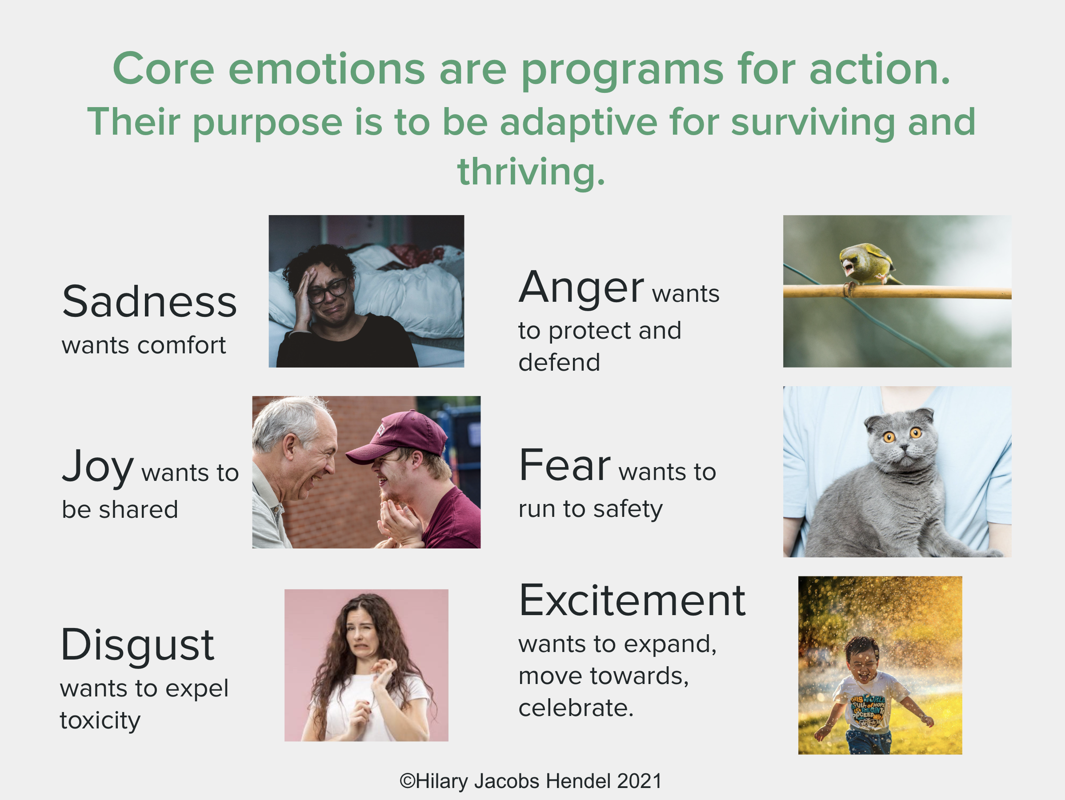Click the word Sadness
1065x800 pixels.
pos(149,302)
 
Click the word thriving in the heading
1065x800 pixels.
pos(531,172)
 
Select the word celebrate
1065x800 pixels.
pos(576,708)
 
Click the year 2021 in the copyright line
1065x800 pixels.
pos(639,781)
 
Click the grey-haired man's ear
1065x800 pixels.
pos(290,445)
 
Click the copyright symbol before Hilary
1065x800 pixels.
pos(407,781)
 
